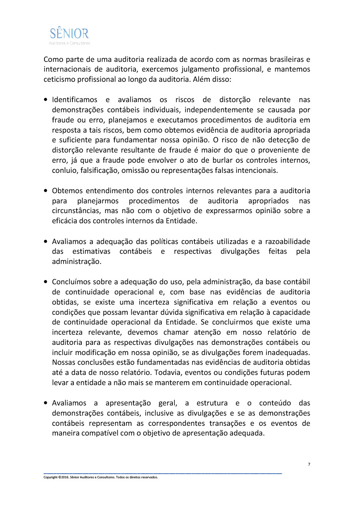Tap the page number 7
[309, 465]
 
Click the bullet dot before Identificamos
[45, 100]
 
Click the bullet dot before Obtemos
[45, 191]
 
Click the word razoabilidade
[288, 241]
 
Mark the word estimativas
[91, 252]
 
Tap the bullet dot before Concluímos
[45, 282]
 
